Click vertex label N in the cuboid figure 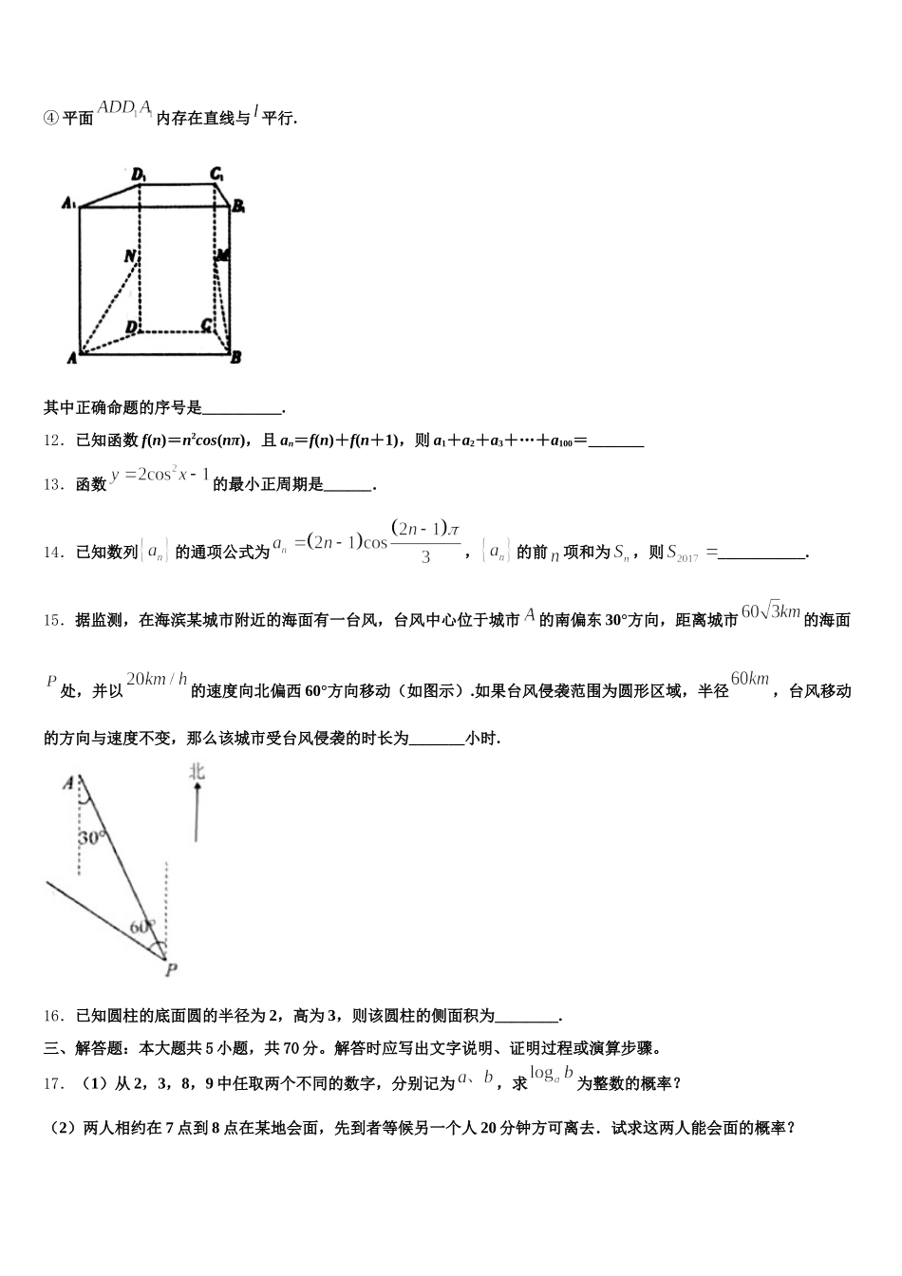130,256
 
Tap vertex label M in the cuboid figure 223,255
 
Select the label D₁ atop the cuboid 139,174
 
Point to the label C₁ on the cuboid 217,174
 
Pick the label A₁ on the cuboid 68,202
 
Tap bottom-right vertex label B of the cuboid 235,358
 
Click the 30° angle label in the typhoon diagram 92,838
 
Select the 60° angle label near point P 141,927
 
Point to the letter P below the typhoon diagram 171,969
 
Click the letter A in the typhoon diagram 67,783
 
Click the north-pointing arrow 197,813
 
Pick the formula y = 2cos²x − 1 160,475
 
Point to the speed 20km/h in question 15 157,680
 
